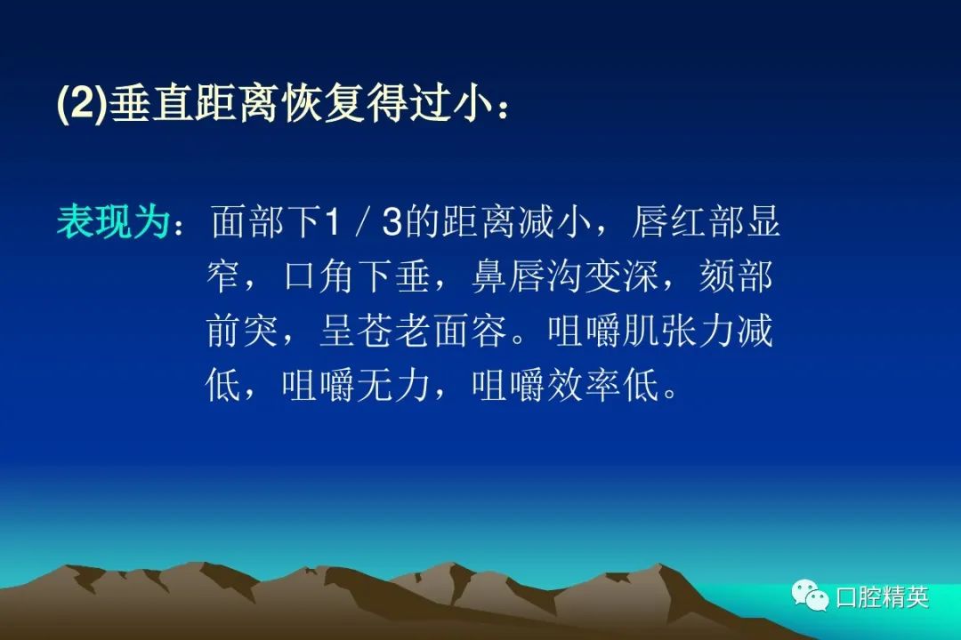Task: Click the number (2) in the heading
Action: pyautogui.click(x=82, y=103)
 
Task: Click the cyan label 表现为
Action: pyautogui.click(x=113, y=221)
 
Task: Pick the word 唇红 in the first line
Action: pyautogui.click(x=668, y=221)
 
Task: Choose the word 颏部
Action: pyautogui.click(x=736, y=276)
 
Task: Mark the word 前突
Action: pyautogui.click(x=242, y=331)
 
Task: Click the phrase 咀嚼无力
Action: pyautogui.click(x=356, y=386)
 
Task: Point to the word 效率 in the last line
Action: pyautogui.click(x=584, y=386)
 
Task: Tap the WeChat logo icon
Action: pyautogui.click(x=810, y=596)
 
